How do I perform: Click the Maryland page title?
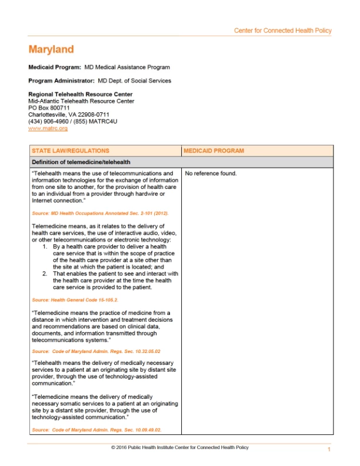51,49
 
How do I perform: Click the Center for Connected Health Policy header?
282,31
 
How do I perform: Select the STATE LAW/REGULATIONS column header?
71,151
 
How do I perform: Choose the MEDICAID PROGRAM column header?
214,151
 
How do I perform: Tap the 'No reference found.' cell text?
211,174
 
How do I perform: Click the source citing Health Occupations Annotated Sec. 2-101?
100,213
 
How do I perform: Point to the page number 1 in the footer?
329,450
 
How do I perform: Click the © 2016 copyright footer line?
179,448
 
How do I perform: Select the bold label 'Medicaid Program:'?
51,67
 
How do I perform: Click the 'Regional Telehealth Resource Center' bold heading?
80,94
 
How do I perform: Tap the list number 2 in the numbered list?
45,274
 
